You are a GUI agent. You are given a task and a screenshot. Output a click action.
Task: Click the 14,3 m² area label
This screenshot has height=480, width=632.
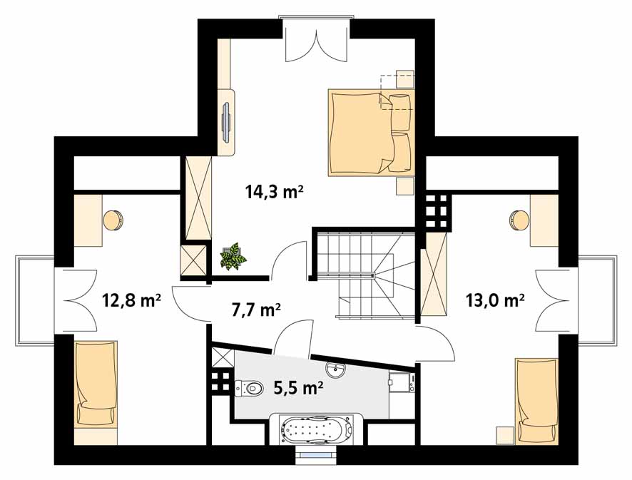[274, 191]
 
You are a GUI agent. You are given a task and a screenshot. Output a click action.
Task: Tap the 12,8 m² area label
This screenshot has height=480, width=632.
[132, 300]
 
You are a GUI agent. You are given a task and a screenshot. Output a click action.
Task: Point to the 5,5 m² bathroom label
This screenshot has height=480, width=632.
[298, 388]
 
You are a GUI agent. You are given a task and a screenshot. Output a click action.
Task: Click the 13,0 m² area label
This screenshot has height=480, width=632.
[495, 300]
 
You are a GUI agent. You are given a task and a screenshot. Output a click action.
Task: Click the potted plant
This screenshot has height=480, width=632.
[233, 256]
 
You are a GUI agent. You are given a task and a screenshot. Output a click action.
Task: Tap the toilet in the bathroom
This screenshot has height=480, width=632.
[248, 388]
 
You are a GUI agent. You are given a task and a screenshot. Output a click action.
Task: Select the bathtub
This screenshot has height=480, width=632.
[317, 429]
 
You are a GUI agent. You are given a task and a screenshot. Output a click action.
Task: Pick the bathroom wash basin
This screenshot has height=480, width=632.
[335, 369]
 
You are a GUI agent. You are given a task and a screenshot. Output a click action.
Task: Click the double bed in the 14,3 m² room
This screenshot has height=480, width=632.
[371, 132]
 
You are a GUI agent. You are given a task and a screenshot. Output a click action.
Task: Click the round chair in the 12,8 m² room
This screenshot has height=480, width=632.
[113, 220]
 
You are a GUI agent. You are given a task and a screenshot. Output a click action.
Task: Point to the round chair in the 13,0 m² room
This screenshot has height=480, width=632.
[519, 220]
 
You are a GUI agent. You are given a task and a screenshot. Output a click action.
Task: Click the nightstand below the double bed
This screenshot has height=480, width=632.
[404, 185]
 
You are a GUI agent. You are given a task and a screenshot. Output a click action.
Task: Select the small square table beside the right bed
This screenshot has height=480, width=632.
[505, 435]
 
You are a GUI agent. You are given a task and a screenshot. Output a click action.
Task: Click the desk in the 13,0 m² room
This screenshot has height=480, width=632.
[544, 220]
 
